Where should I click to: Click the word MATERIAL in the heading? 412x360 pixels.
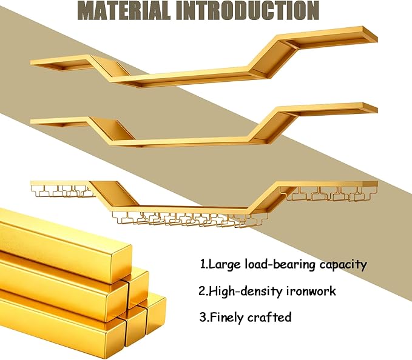coord(124,10)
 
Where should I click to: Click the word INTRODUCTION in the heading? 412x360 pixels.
coord(248,10)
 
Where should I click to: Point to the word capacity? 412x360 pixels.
coord(343,265)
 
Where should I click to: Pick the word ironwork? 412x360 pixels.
coord(311,291)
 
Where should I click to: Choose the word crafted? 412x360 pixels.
coord(269,317)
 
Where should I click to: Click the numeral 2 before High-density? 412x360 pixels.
coord(202,292)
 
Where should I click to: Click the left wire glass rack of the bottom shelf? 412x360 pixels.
coord(62,191)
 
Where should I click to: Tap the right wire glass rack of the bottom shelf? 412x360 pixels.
coord(328,194)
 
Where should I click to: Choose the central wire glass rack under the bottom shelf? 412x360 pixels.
coord(190,219)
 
